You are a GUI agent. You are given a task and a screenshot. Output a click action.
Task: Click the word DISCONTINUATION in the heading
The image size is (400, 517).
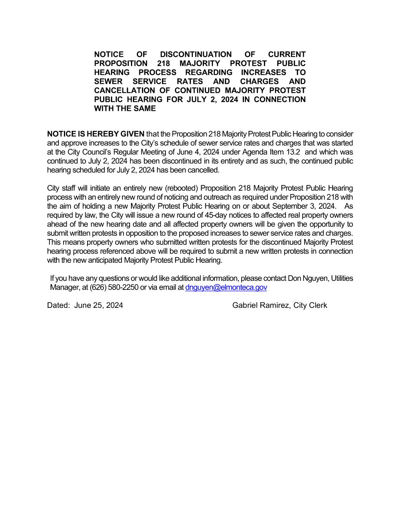pos(196,54)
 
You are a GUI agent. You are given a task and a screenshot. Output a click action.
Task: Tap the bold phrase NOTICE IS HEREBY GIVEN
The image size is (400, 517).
pos(96,134)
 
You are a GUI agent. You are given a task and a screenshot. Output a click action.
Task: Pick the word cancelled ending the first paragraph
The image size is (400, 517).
pos(205,170)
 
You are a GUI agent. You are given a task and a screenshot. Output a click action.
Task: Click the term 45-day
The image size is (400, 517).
pos(216,215)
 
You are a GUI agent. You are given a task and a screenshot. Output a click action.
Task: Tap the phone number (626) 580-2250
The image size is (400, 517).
pos(114,287)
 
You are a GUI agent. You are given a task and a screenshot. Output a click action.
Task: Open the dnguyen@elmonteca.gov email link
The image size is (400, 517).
pos(226,287)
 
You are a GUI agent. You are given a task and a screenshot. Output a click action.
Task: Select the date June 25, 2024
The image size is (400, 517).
pos(98,305)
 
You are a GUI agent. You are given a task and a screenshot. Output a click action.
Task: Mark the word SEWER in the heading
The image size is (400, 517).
pos(108,81)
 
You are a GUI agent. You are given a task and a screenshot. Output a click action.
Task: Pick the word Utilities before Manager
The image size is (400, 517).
pos(342,278)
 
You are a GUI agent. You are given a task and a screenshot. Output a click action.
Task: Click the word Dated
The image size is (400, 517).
pos(58,305)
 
